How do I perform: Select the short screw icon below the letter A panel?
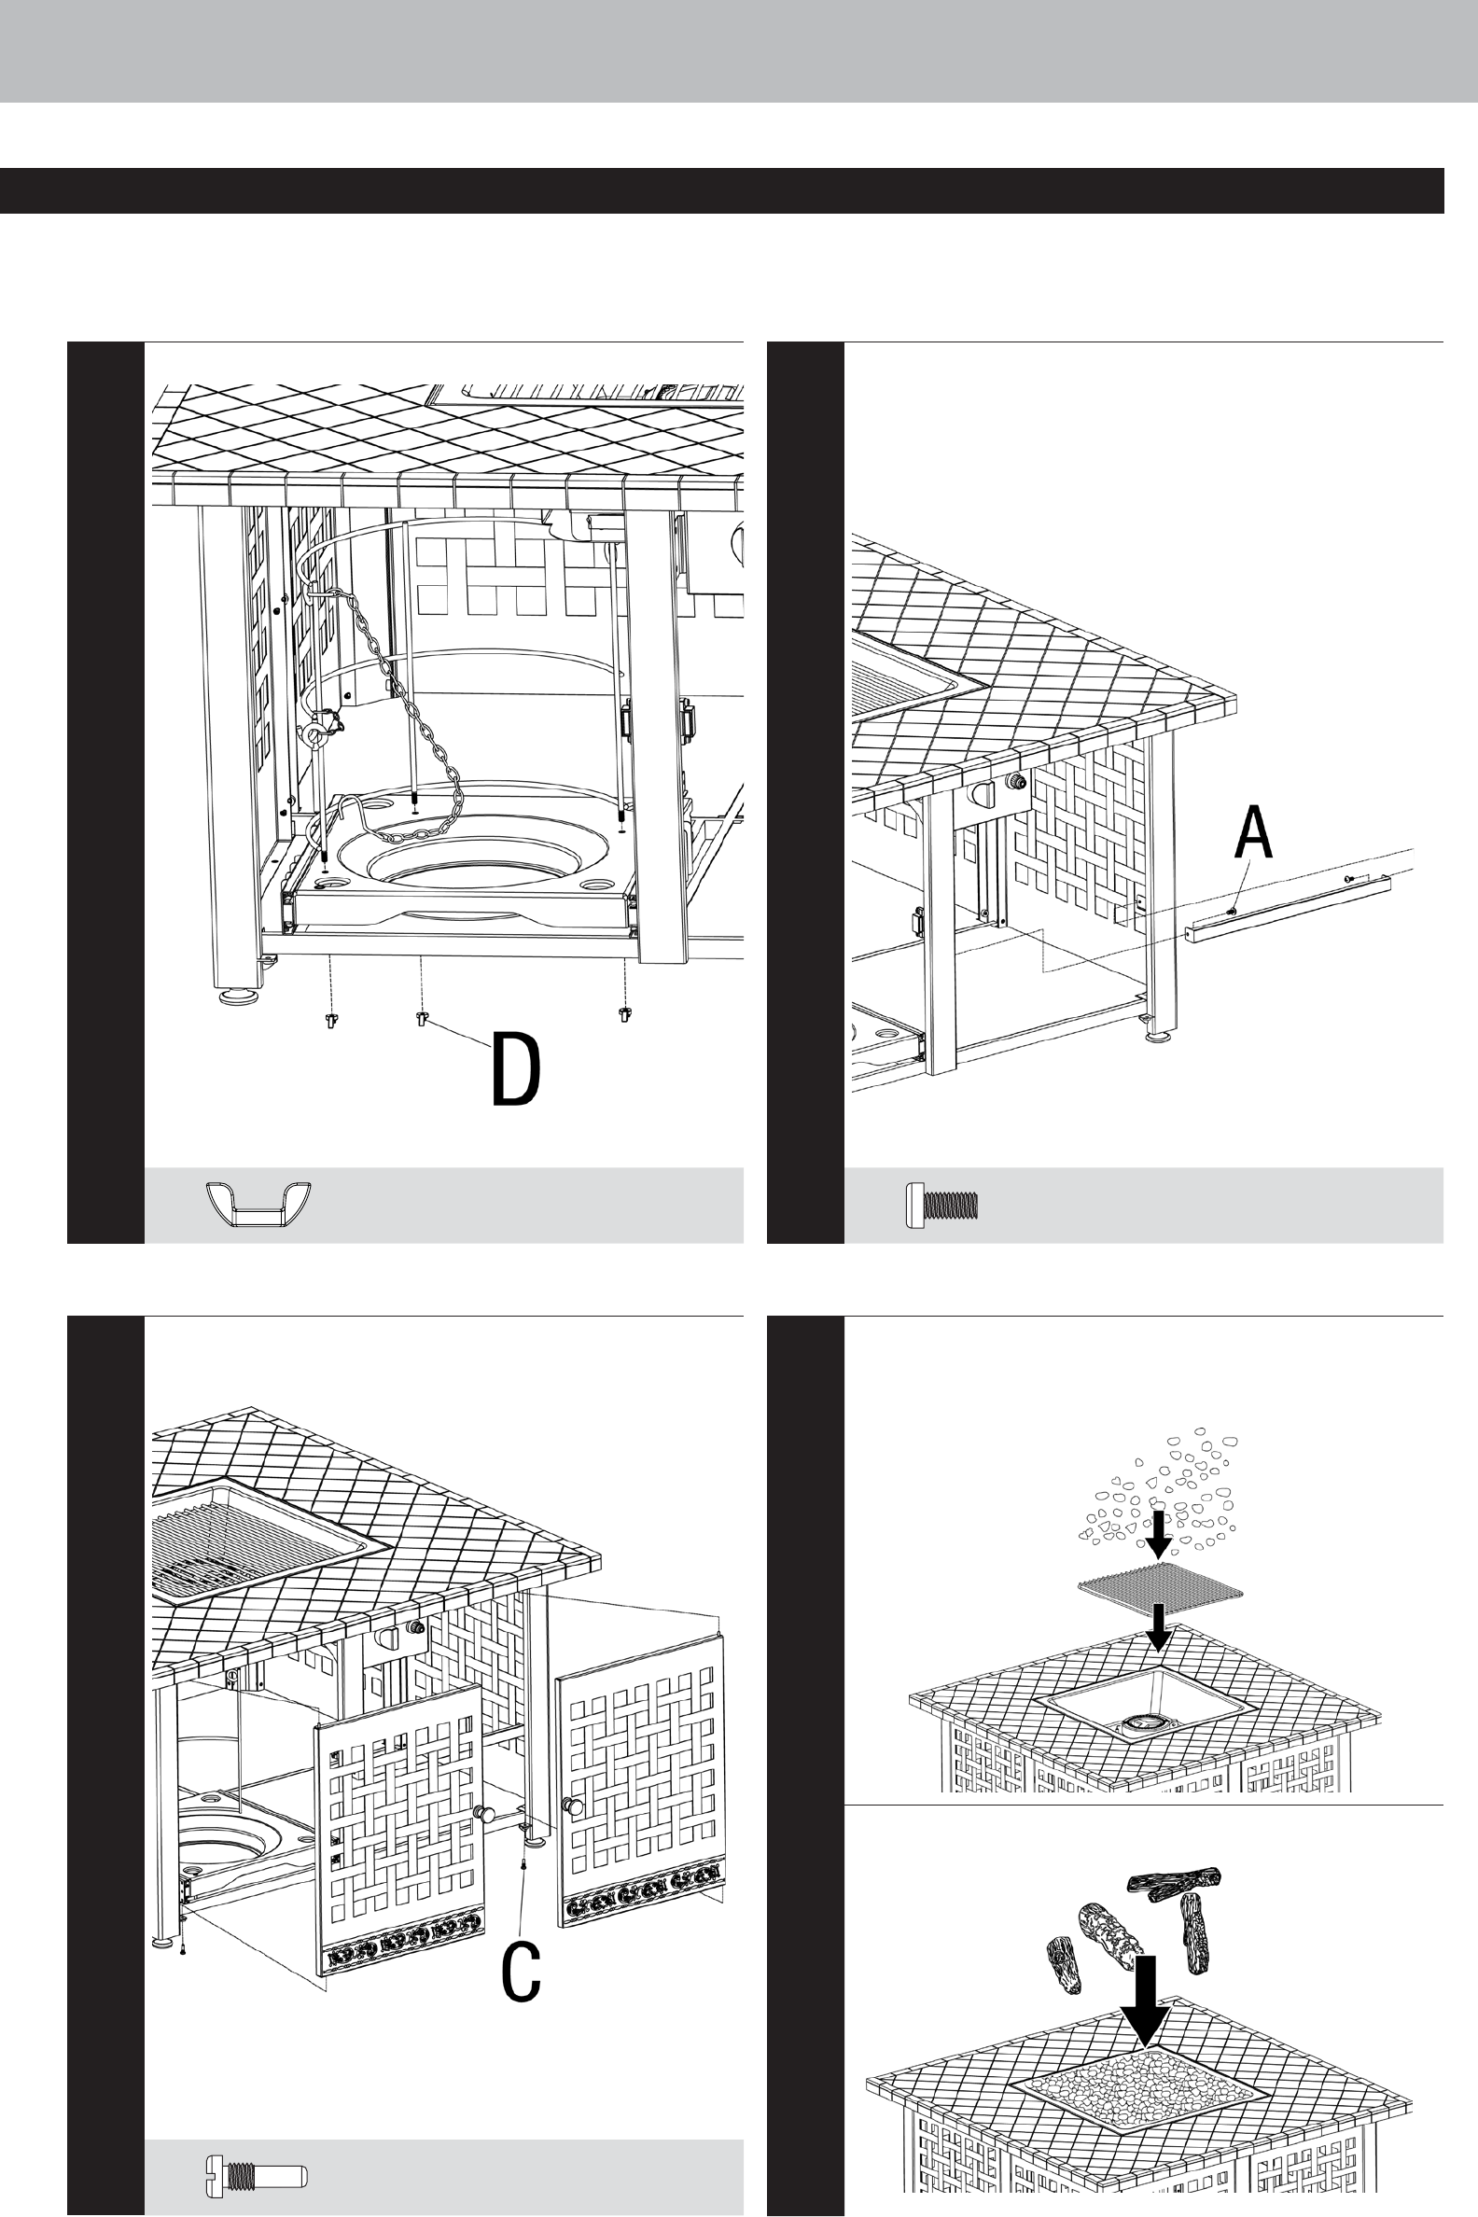click(941, 1206)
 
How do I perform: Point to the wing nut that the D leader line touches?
click(422, 1018)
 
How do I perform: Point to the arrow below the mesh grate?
click(1159, 1628)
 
